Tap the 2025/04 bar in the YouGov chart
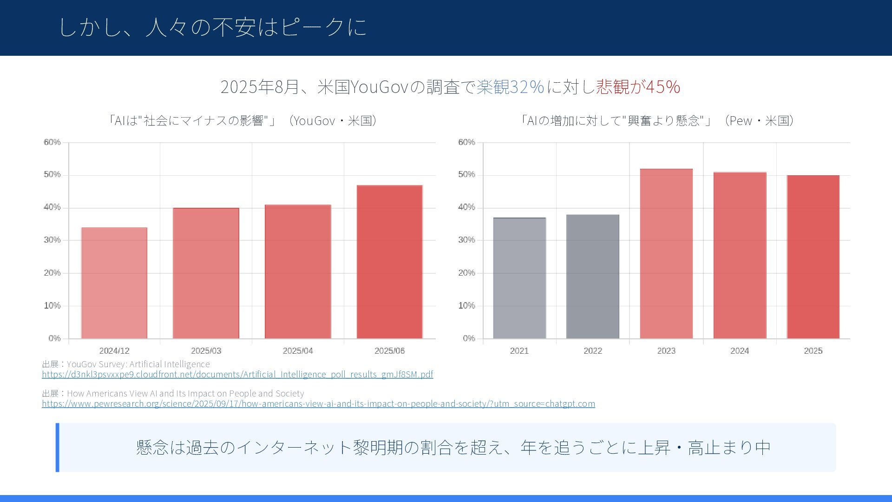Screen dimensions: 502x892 coord(298,271)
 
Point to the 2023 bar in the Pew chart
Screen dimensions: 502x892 coord(666,253)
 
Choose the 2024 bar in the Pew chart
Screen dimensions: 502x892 coord(740,255)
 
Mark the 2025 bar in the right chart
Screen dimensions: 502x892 coord(813,257)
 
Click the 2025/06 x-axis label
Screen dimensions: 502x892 coord(389,351)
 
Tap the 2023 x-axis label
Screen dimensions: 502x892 coord(666,351)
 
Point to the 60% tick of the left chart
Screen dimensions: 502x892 coord(52,142)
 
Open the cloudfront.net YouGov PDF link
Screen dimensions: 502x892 coord(237,375)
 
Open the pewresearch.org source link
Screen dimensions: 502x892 coord(318,404)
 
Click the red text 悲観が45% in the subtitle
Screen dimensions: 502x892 coord(638,87)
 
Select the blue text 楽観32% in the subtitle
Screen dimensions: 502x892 coord(510,87)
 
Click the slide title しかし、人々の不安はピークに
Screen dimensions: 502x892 coord(213,27)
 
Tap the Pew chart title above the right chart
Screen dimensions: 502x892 coord(657,121)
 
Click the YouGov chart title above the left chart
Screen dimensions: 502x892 coord(242,121)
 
